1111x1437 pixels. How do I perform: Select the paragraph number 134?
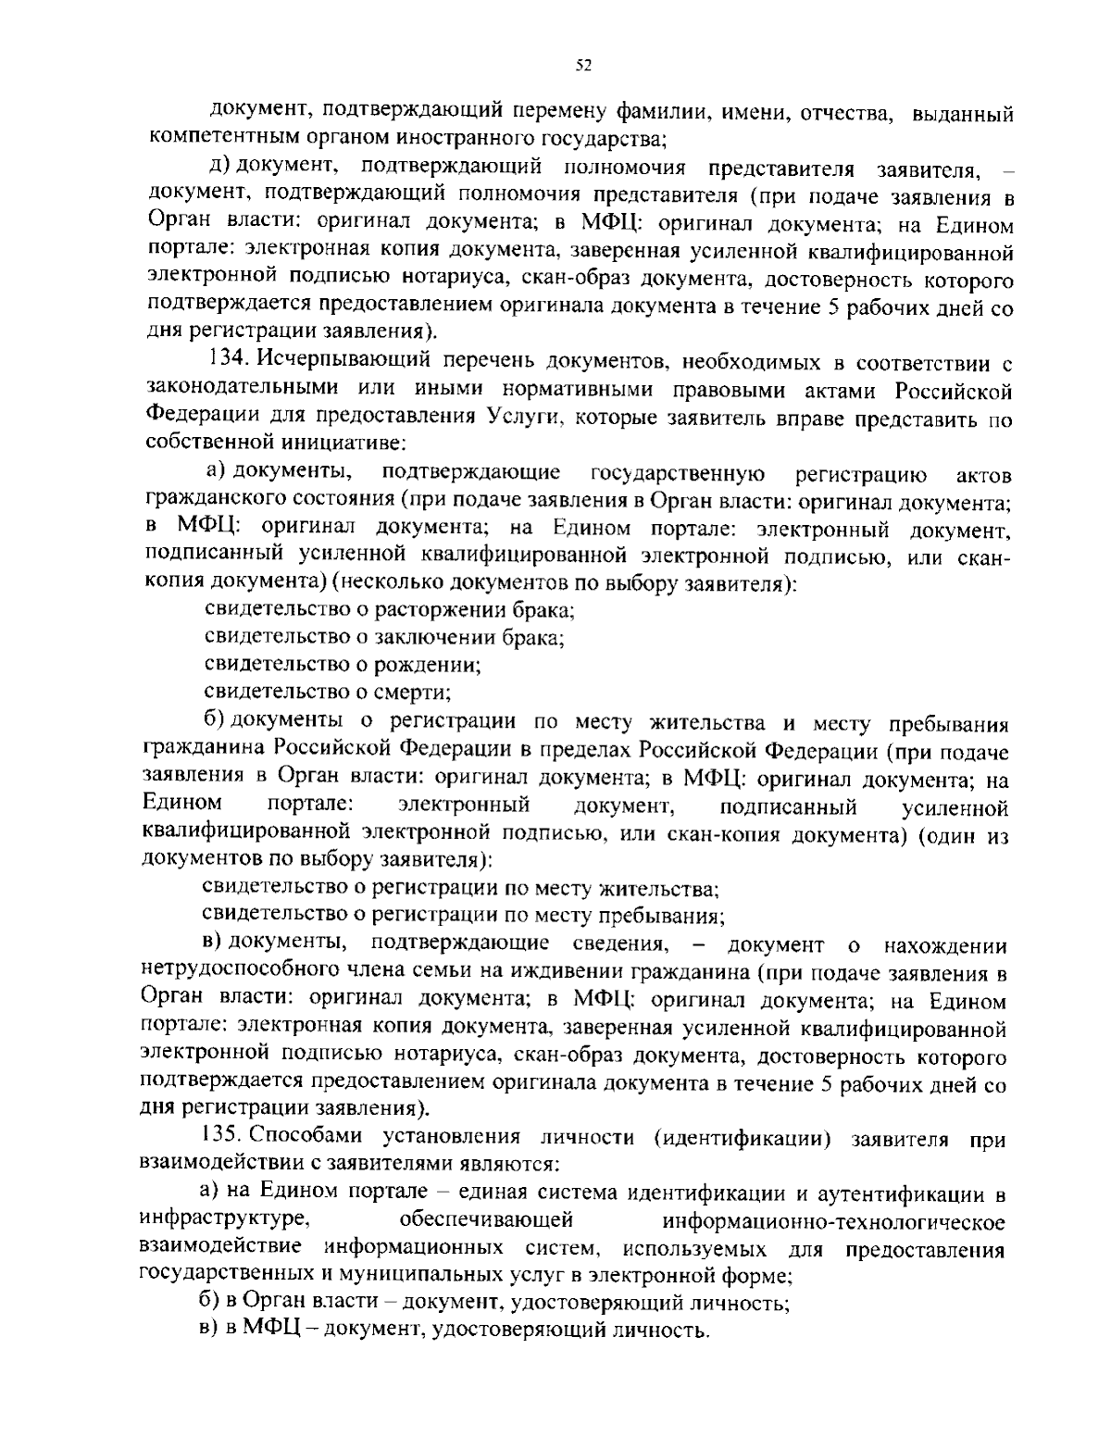coord(226,358)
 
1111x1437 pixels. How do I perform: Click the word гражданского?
coord(207,502)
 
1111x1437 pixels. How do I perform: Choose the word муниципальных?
coord(417,1275)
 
